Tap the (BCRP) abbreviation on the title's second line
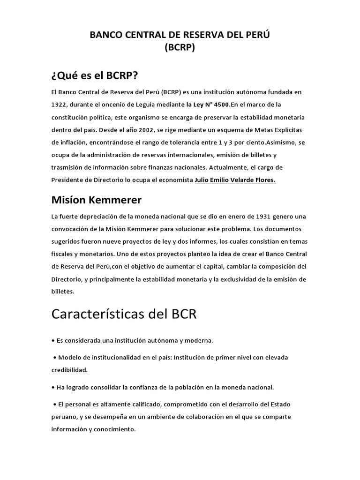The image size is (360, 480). pyautogui.click(x=180, y=47)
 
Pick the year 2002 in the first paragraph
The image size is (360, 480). pyautogui.click(x=157, y=129)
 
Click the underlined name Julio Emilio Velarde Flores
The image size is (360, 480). pyautogui.click(x=235, y=180)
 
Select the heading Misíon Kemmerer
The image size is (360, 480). pyautogui.click(x=96, y=200)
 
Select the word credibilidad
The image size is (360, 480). pyautogui.click(x=69, y=370)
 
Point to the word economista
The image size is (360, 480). pyautogui.click(x=174, y=180)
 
